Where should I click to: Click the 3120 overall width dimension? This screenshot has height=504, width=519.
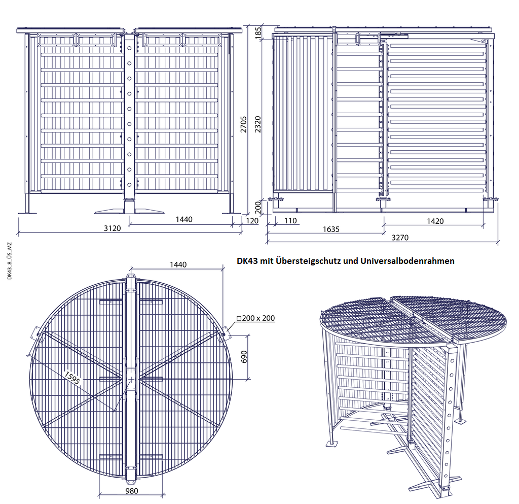112,228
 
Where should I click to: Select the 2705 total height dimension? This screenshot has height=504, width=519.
244,124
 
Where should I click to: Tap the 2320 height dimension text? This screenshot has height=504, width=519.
258,124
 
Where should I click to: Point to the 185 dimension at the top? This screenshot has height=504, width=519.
258,33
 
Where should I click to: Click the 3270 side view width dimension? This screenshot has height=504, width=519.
400,238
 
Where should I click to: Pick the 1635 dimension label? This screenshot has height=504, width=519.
331,229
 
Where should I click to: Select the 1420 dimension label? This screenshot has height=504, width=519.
435,221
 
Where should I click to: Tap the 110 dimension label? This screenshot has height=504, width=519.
290,221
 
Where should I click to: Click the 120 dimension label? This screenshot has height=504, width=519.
252,221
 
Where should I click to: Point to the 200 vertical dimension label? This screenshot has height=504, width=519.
258,208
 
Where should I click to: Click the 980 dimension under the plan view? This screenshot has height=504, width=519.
132,491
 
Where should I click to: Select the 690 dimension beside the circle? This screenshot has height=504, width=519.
244,357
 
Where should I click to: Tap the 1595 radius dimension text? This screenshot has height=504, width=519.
72,378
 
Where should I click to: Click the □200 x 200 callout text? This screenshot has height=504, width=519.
255,318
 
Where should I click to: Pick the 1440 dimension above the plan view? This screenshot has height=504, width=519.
178,264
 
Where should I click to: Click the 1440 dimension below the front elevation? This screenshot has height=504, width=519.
184,219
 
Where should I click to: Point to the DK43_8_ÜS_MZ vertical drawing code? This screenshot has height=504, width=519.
10,261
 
